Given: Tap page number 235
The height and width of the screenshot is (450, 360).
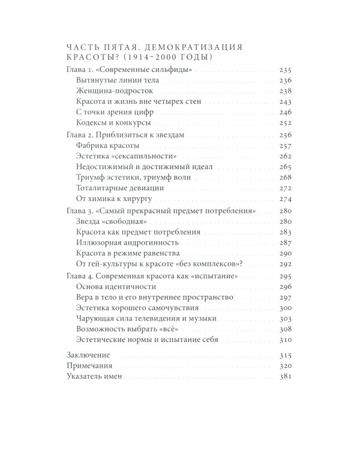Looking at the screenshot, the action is [285, 70].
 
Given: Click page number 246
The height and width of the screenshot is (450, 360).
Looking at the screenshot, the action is [285, 112].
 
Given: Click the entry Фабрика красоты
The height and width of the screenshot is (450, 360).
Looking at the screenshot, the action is [109, 146].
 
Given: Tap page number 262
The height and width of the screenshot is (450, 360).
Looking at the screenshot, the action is [285, 157].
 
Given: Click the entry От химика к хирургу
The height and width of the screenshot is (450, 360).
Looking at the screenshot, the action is [115, 199].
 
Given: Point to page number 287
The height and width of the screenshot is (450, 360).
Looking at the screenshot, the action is [285, 245].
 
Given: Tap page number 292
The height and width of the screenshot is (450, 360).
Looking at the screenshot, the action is [285, 266].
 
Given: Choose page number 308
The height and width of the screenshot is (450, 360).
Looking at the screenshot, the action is [285, 329].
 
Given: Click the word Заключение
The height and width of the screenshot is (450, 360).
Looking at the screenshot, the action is [84, 355].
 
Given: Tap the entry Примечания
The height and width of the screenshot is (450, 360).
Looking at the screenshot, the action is [86, 365].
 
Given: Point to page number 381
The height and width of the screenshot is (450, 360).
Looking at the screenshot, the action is [285, 376].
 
